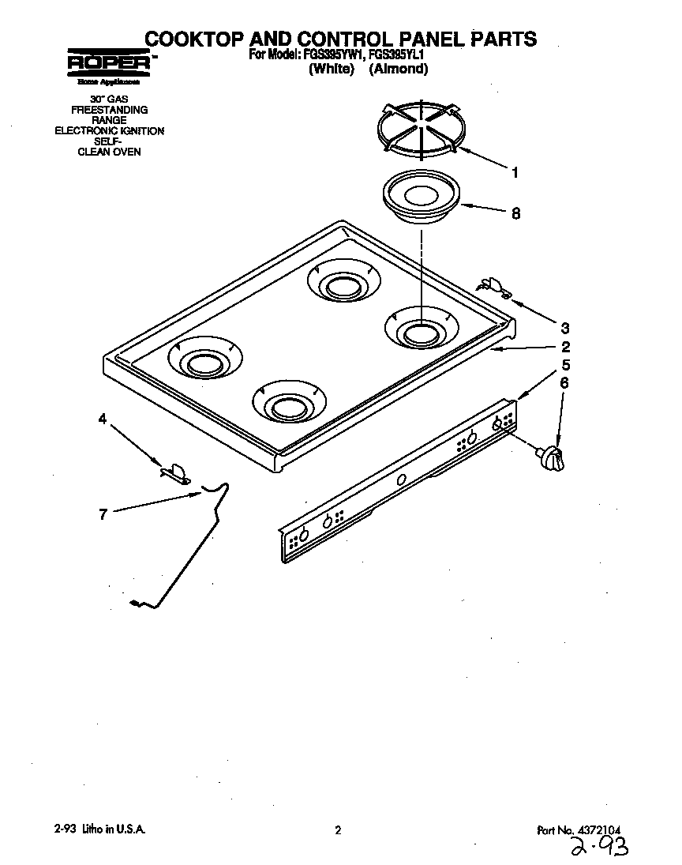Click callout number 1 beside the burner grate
515,172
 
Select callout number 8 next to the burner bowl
515,213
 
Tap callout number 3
564,328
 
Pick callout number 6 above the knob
564,384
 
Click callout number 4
102,420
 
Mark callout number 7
102,514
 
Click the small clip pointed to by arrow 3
495,287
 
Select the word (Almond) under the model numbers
399,69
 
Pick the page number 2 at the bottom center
338,830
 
